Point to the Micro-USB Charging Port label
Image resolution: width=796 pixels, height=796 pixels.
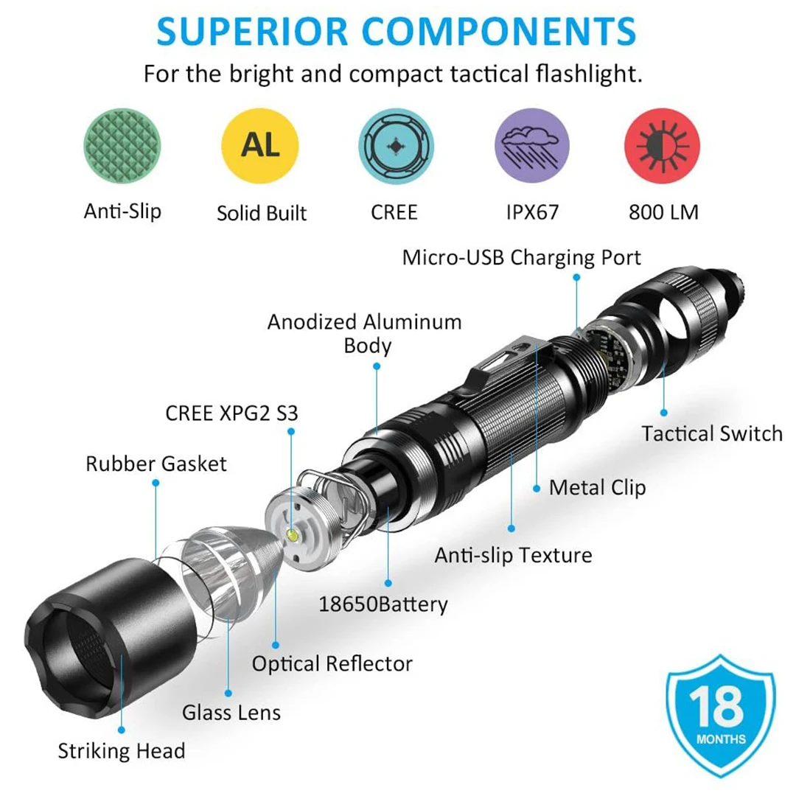(522, 257)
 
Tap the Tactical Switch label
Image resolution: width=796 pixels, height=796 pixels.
(711, 433)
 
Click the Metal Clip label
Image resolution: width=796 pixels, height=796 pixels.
(597, 487)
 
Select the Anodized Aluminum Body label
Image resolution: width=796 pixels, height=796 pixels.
(365, 333)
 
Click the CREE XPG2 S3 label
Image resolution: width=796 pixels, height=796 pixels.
(231, 413)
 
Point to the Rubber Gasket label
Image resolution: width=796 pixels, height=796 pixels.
(156, 464)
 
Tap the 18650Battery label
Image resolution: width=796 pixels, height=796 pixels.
(383, 604)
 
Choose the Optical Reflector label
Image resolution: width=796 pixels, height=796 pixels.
(332, 663)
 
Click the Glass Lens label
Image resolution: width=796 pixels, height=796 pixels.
(231, 713)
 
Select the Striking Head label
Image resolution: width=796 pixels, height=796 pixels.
(122, 752)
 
